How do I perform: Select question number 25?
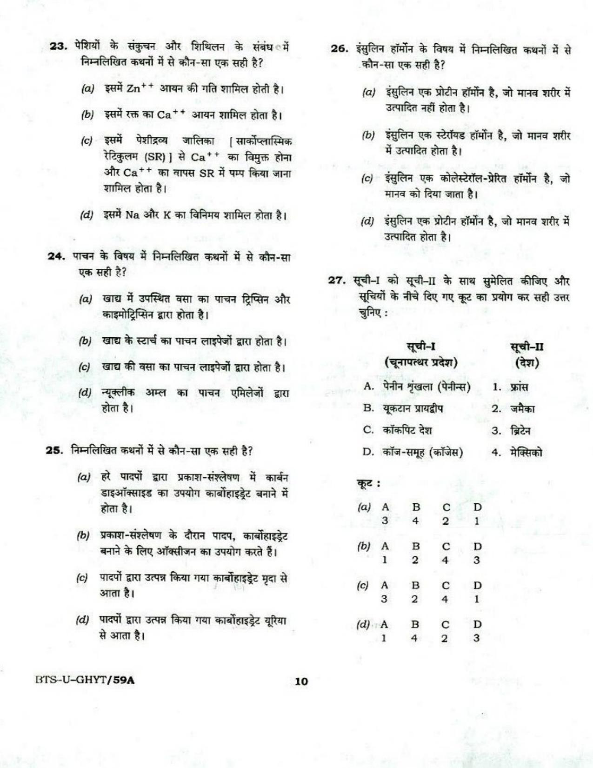(54, 450)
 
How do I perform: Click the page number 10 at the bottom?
(301, 681)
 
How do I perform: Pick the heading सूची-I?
(420, 346)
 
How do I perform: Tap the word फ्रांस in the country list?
(519, 387)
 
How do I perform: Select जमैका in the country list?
(522, 409)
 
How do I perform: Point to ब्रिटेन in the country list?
(520, 431)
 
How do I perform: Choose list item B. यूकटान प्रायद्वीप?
(403, 408)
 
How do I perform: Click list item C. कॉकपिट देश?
(398, 430)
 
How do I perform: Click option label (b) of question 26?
(368, 136)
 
